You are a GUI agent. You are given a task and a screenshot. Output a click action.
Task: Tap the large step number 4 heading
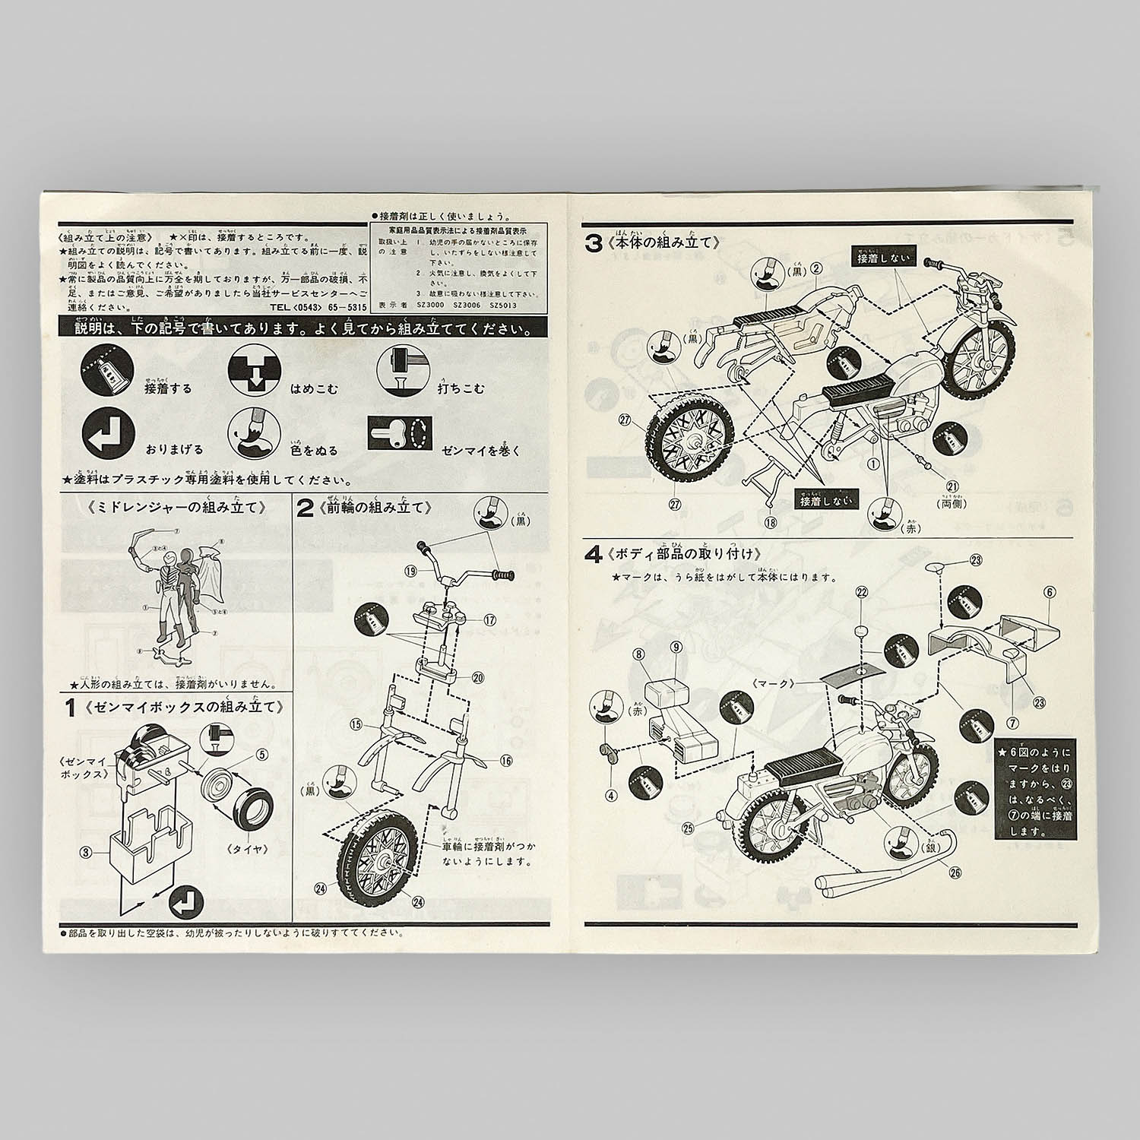(593, 554)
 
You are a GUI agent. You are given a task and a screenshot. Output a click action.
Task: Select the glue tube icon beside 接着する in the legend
(107, 372)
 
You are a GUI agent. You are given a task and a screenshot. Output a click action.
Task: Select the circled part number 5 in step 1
(262, 754)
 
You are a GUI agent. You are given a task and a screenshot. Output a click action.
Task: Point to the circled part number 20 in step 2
(478, 677)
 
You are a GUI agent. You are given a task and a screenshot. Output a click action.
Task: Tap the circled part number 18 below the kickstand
(771, 522)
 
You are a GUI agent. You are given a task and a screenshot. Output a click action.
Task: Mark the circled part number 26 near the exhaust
(955, 872)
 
